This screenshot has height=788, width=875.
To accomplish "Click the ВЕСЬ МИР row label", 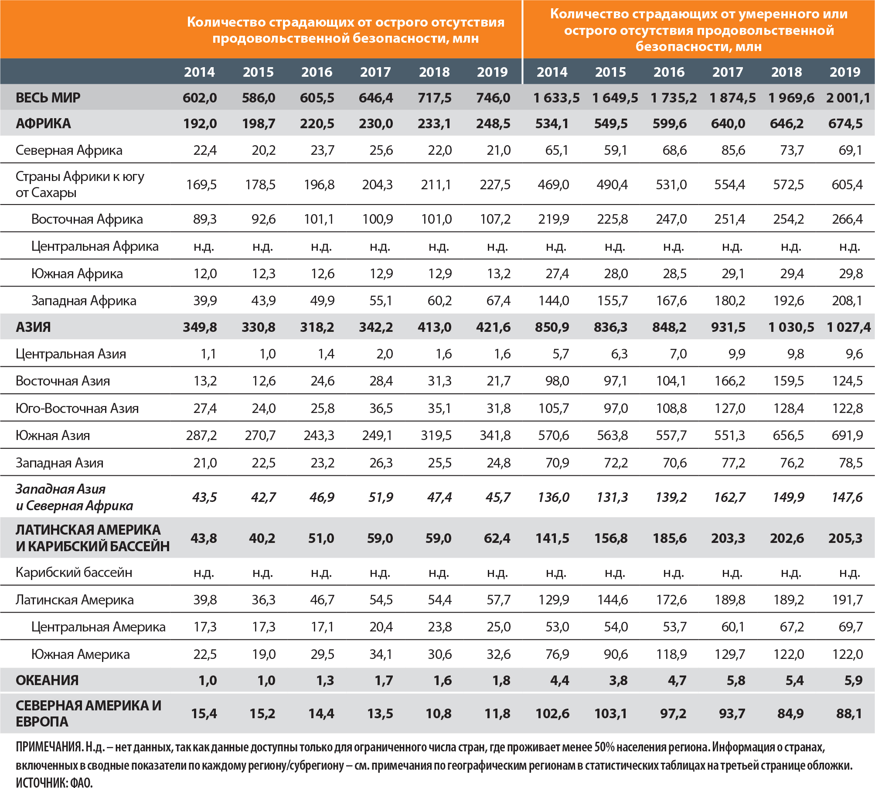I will pyautogui.click(x=48, y=97).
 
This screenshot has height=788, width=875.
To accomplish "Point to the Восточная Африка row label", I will pyautogui.click(x=87, y=219).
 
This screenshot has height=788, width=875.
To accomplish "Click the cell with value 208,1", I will pyautogui.click(x=847, y=300).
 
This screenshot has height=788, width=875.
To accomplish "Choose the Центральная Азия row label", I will pyautogui.click(x=71, y=354).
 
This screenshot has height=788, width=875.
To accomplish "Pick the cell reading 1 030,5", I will pyautogui.click(x=791, y=327).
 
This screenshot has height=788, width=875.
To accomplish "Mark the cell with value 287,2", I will pyautogui.click(x=201, y=435).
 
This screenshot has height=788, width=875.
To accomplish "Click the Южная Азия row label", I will pyautogui.click(x=53, y=435).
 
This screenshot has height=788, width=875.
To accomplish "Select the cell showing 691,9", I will pyautogui.click(x=847, y=435).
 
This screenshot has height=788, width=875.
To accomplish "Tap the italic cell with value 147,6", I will pyautogui.click(x=847, y=497).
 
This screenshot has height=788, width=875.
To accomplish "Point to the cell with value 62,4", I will pyautogui.click(x=497, y=538).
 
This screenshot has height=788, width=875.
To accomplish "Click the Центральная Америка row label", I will pyautogui.click(x=98, y=627).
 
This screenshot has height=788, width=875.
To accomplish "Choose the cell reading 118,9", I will pyautogui.click(x=671, y=654).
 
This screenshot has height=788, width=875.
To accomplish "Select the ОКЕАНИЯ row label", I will pyautogui.click(x=47, y=680).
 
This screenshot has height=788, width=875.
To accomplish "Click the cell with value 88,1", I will pyautogui.click(x=849, y=713).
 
